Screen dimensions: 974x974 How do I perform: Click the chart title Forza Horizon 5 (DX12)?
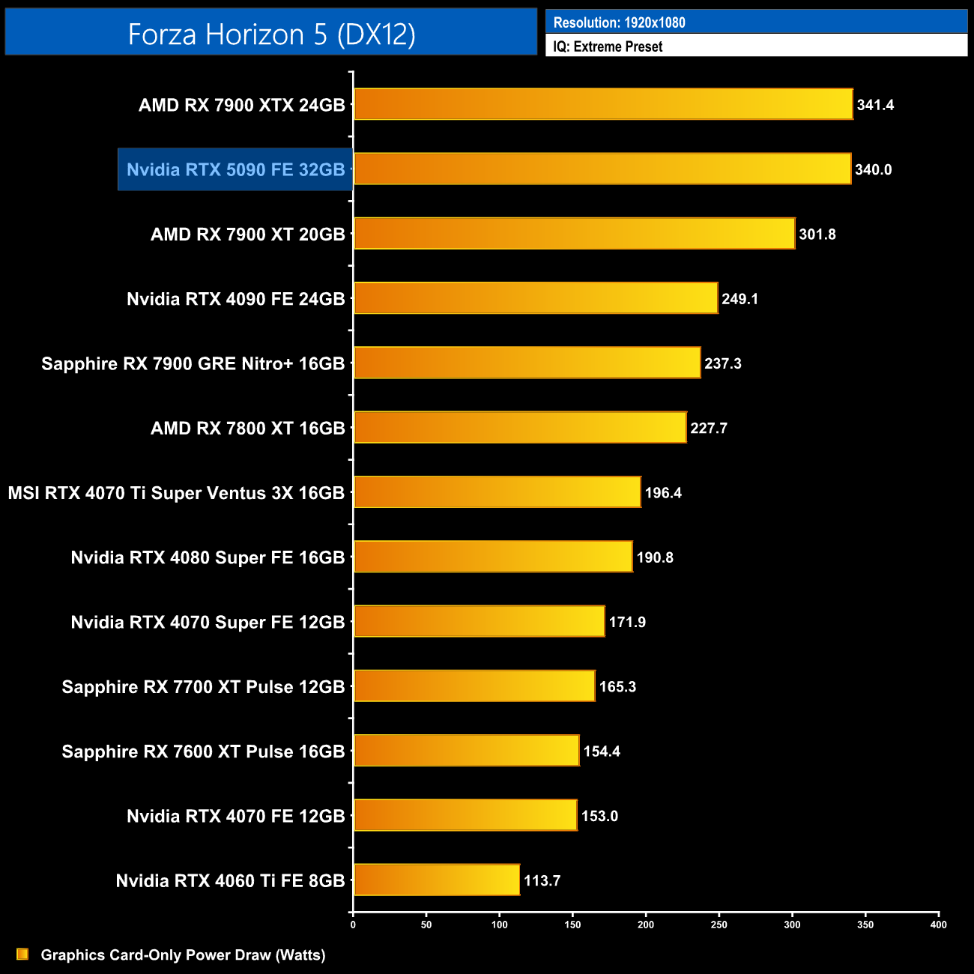pos(271,34)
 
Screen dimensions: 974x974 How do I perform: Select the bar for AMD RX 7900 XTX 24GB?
pos(603,104)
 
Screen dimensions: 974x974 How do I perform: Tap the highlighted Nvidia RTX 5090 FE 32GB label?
pos(235,169)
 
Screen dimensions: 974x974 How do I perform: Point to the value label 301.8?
pos(817,235)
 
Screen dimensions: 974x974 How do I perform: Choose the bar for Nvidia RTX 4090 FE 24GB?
pos(536,298)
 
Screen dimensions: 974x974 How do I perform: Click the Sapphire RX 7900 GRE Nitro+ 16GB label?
pos(193,364)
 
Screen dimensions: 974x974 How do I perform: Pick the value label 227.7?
pos(708,429)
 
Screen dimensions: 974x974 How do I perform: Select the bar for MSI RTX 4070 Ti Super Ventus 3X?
pos(497,492)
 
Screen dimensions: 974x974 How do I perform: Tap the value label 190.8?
pos(654,557)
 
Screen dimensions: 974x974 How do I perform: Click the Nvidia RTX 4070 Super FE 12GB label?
pos(208,623)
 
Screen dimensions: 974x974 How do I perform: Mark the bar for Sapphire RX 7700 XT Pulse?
pos(474,686)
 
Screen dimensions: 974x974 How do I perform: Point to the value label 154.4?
pos(601,751)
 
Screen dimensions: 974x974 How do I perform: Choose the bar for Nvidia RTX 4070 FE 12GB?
pos(465,815)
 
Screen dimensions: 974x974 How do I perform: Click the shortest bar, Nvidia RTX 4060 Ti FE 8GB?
pos(436,880)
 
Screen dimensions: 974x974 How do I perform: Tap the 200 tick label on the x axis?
pos(645,925)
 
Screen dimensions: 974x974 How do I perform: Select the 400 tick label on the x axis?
pos(938,925)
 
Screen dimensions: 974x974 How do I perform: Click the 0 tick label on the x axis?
pos(353,925)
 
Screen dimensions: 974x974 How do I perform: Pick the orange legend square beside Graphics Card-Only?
pos(22,954)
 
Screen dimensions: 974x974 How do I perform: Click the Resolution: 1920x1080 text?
pos(619,22)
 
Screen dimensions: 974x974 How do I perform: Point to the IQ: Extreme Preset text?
pos(608,46)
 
